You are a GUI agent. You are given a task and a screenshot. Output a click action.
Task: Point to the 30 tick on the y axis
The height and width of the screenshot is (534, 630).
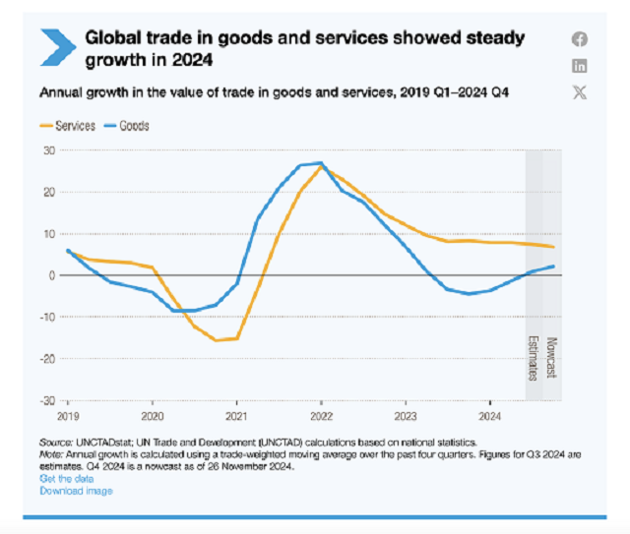(x=46, y=150)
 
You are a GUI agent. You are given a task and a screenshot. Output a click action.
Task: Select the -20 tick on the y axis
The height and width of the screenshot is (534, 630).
(x=46, y=359)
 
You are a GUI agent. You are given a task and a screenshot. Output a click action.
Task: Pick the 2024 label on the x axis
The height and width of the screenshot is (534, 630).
(x=488, y=404)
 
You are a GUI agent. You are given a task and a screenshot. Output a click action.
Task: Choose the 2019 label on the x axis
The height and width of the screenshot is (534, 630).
(x=68, y=404)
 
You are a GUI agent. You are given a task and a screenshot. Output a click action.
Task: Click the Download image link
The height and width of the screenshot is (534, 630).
(x=76, y=490)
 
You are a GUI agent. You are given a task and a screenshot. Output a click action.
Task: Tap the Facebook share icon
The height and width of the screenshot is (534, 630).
(x=580, y=39)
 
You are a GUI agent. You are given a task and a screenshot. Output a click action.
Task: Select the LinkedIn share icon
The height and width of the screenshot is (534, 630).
(x=580, y=66)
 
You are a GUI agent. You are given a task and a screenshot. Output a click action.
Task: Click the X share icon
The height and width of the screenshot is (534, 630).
(x=580, y=92)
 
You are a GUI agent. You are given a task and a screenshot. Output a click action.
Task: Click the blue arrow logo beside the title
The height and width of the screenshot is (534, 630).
(x=55, y=44)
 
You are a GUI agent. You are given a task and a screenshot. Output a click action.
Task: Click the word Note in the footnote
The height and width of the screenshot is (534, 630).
(x=50, y=456)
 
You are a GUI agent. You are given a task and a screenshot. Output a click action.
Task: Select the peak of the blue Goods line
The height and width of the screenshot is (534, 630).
(x=321, y=163)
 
